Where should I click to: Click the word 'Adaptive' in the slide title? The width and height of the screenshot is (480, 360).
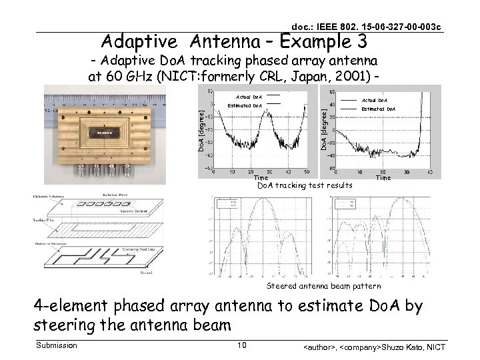(141, 43)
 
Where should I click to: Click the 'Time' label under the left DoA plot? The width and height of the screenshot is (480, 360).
(262, 178)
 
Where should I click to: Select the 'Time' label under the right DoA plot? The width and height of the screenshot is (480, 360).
(383, 178)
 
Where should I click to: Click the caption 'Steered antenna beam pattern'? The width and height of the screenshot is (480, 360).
(324, 286)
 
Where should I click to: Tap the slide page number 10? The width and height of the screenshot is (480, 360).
(242, 345)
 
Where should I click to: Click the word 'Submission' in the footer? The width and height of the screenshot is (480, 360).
(56, 345)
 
